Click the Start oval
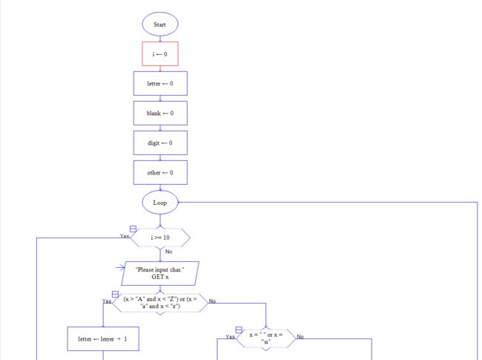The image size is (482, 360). pyautogui.click(x=160, y=24)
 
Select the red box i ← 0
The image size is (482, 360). pyautogui.click(x=160, y=54)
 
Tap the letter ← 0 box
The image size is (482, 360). pyautogui.click(x=160, y=83)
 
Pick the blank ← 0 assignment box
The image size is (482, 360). pyautogui.click(x=160, y=114)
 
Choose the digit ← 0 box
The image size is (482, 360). pyautogui.click(x=160, y=143)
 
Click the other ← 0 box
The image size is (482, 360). pyautogui.click(x=160, y=173)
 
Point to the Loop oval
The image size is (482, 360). pyautogui.click(x=160, y=203)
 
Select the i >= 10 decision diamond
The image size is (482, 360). pyautogui.click(x=160, y=238)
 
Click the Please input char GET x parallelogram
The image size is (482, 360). pyautogui.click(x=160, y=274)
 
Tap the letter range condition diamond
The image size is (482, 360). pyautogui.click(x=160, y=303)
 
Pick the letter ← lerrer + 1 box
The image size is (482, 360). pyautogui.click(x=103, y=338)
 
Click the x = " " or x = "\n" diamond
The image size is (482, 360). pyautogui.click(x=266, y=338)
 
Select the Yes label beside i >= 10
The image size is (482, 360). pyautogui.click(x=125, y=236)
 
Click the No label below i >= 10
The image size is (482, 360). pyautogui.click(x=169, y=252)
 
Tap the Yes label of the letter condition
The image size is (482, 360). pyautogui.click(x=107, y=301)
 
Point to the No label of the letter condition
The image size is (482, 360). pyautogui.click(x=212, y=301)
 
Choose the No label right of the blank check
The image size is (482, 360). pyautogui.click(x=300, y=336)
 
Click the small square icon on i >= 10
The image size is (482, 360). pyautogui.click(x=133, y=229)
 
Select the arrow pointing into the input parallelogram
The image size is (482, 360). pyautogui.click(x=120, y=268)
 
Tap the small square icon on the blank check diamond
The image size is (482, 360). pyautogui.click(x=239, y=330)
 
